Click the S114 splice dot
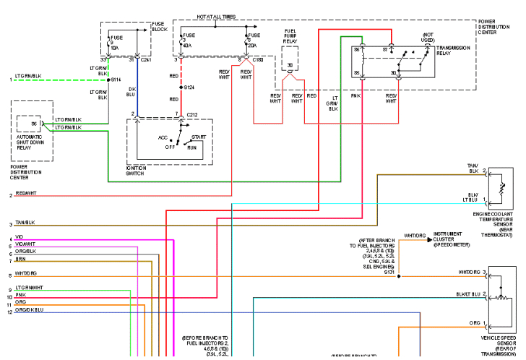pyautogui.click(x=108, y=80)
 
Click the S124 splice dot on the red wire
pyautogui.click(x=181, y=87)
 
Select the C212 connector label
pyautogui.click(x=191, y=114)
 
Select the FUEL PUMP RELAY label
pyautogui.click(x=290, y=36)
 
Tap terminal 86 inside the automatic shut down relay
pyautogui.click(x=33, y=124)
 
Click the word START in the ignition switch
pyautogui.click(x=199, y=136)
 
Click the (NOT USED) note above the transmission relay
pyautogui.click(x=428, y=38)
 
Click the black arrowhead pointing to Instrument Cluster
pyautogui.click(x=429, y=238)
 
